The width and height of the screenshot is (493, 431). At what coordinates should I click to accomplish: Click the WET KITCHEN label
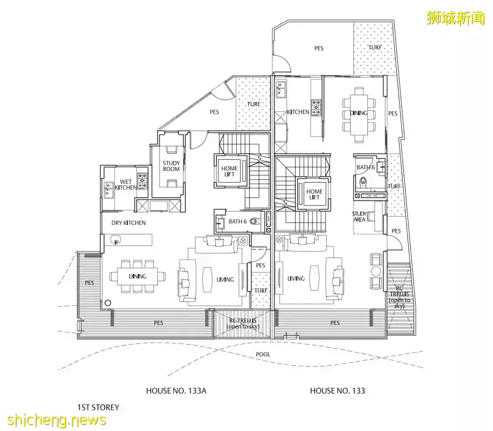coord(126,184)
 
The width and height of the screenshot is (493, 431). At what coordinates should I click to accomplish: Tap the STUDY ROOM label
coord(171,166)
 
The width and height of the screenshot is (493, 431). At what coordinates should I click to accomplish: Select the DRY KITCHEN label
coord(128,223)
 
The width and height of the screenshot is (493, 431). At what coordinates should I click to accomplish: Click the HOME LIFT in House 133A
coord(229,172)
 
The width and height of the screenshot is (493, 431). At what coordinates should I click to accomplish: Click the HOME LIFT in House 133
coord(315,194)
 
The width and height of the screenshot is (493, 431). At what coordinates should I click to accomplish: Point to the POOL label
coord(263,354)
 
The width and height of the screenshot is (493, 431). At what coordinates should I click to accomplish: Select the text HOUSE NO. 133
coord(337,390)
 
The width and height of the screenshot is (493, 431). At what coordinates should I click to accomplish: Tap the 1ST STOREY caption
coord(98,408)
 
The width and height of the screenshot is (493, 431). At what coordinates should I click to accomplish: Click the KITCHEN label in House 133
coord(298,112)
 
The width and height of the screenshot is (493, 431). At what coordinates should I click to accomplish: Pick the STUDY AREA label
coord(359,217)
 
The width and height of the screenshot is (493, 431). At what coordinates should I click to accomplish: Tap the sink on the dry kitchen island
coord(117,240)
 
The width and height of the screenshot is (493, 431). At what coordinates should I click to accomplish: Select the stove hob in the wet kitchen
coord(142,179)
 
